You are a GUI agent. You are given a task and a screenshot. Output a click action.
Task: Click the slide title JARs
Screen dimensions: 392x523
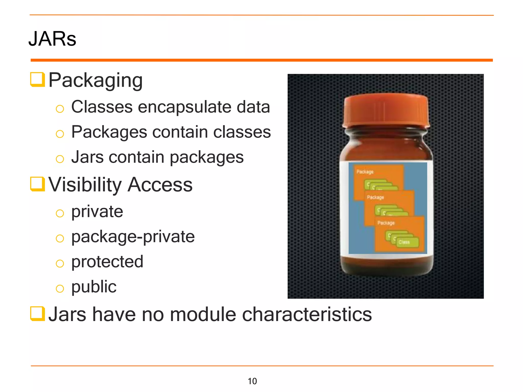[52, 39]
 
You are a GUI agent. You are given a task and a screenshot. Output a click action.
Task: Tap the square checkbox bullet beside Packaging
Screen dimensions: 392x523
[38, 79]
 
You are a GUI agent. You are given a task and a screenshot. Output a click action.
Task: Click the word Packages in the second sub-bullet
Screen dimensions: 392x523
[109, 132]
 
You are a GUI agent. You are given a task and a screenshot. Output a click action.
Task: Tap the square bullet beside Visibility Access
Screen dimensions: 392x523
[38, 184]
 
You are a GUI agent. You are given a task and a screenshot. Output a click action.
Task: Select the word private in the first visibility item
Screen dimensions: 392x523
[97, 212]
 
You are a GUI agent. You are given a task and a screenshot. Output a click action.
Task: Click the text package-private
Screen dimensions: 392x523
[133, 237]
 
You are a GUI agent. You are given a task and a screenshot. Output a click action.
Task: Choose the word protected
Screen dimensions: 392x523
[107, 262]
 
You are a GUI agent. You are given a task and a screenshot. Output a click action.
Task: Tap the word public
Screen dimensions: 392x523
[94, 287]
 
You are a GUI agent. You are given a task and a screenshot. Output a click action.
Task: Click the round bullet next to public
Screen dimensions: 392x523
[60, 289]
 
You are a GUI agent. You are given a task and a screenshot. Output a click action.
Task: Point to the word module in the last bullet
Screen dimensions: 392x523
[203, 314]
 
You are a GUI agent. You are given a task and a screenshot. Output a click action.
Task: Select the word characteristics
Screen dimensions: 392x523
[307, 314]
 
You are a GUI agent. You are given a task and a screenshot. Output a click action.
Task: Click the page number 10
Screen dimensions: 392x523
[252, 381]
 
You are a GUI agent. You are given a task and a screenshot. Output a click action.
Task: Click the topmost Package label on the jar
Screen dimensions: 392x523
[365, 172]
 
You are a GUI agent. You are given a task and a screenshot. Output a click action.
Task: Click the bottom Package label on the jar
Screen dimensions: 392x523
[386, 223]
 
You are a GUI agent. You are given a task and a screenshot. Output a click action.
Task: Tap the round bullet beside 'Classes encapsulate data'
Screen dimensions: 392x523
[60, 109]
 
